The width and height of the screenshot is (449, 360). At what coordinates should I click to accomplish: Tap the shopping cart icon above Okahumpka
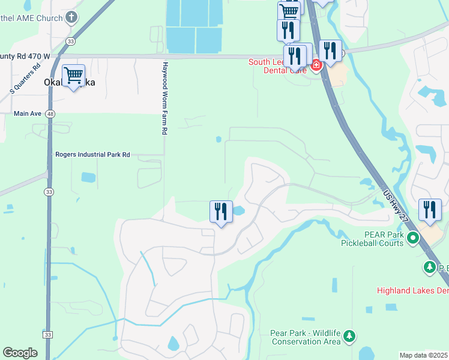(x=73, y=76)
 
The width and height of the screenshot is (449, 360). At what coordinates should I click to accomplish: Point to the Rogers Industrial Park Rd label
(x=92, y=154)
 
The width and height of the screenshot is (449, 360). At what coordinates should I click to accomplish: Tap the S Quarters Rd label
(x=25, y=78)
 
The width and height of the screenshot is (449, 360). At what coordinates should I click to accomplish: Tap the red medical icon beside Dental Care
(x=316, y=64)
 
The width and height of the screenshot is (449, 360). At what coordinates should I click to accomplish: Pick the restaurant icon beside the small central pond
(x=221, y=212)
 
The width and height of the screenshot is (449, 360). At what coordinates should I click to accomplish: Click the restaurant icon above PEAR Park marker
(x=430, y=210)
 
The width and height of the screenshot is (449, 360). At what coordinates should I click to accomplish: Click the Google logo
(x=20, y=353)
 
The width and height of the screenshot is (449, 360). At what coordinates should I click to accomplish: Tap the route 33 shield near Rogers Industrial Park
(x=49, y=191)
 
